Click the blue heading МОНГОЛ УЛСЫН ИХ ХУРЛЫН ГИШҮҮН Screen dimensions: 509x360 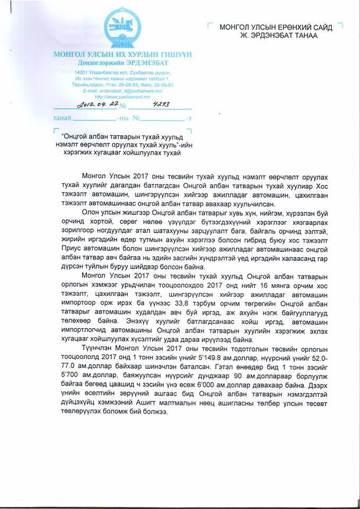122,56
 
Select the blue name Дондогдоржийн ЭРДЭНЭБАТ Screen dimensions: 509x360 122,63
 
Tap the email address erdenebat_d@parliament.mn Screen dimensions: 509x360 122,91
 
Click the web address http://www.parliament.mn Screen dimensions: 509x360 122,96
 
